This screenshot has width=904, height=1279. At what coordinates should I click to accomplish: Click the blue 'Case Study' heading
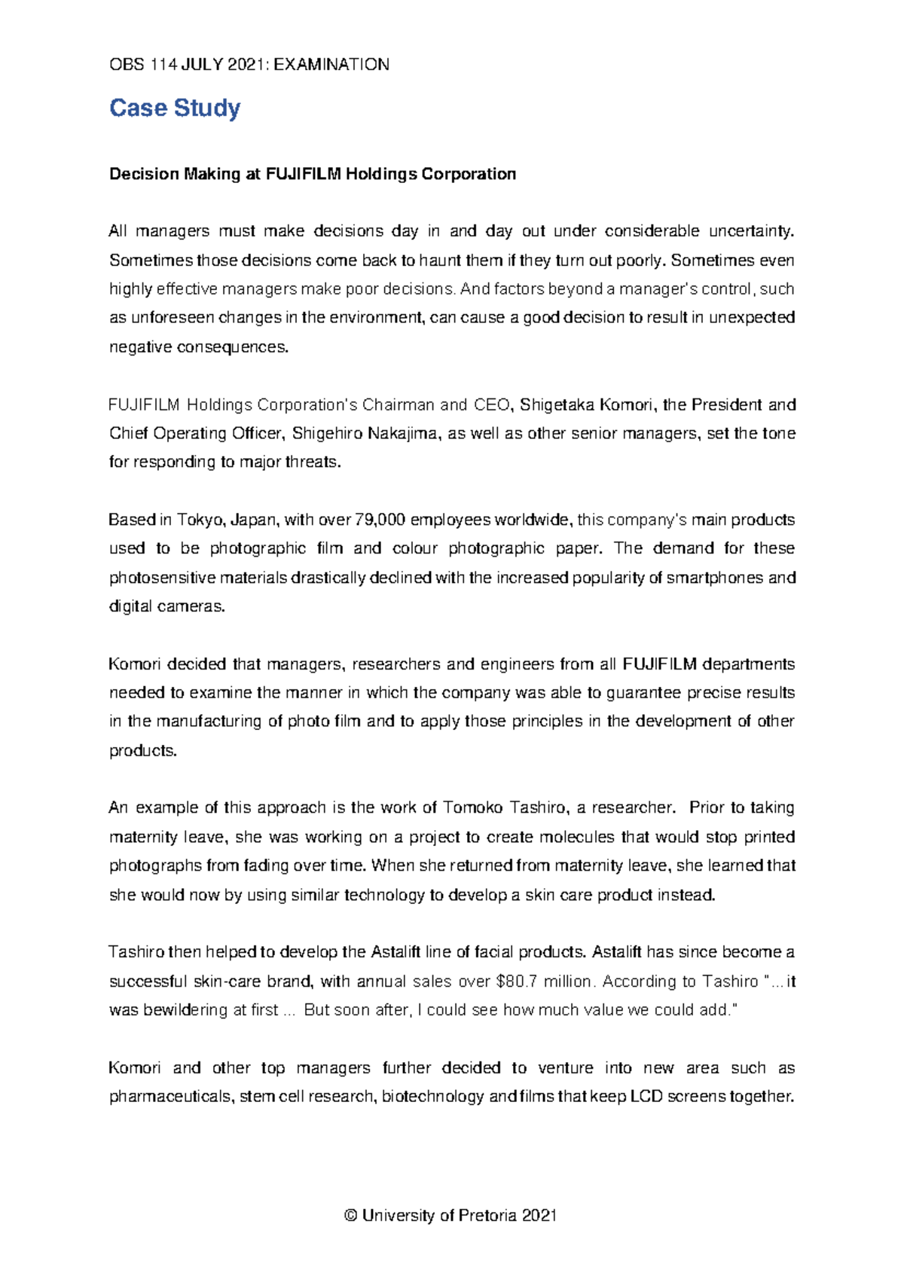(175, 108)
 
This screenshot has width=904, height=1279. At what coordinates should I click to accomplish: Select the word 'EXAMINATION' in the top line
(331, 65)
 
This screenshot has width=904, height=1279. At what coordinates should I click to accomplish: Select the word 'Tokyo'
(200, 520)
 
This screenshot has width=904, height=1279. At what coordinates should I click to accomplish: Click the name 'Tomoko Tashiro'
(505, 808)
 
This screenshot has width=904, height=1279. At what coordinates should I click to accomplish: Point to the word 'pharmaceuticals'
(170, 1097)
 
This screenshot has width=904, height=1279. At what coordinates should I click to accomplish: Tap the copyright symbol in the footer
(350, 1216)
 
